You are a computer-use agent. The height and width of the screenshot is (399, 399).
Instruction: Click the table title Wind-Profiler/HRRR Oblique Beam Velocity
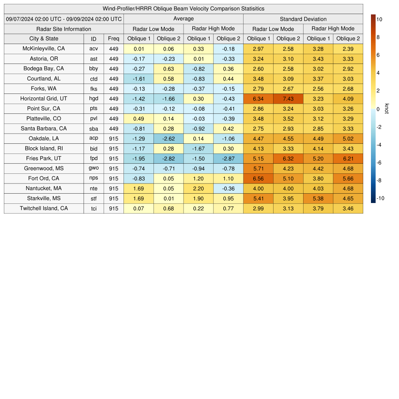pyautogui.click(x=184, y=9)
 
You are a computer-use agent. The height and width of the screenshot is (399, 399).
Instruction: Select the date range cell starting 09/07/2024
pyautogui.click(x=64, y=19)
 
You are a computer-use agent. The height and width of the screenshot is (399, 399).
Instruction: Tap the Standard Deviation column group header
pyautogui.click(x=303, y=19)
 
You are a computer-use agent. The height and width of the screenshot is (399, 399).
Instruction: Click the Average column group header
pyautogui.click(x=184, y=19)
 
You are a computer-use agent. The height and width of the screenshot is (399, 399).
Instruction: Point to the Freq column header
pyautogui.click(x=114, y=39)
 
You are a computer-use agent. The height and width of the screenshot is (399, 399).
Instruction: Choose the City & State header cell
pyautogui.click(x=44, y=39)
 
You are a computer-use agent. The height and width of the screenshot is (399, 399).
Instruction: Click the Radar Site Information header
pyautogui.click(x=64, y=29)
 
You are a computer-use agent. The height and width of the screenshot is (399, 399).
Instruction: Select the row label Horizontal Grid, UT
pyautogui.click(x=44, y=99)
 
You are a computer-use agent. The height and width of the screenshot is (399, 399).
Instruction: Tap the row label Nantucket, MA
pyautogui.click(x=44, y=188)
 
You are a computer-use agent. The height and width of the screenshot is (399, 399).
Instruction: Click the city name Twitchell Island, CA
pyautogui.click(x=44, y=208)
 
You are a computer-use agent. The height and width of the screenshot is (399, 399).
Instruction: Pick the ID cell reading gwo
pyautogui.click(x=94, y=168)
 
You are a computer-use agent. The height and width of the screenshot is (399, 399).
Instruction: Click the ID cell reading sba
pyautogui.click(x=94, y=129)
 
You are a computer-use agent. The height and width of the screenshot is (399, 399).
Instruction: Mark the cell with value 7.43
pyautogui.click(x=288, y=99)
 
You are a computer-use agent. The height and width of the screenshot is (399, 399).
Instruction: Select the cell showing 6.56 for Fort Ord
pyautogui.click(x=258, y=178)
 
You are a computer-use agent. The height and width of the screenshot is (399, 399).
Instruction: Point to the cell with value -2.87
pyautogui.click(x=228, y=159)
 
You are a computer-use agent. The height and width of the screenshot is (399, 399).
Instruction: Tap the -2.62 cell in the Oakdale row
pyautogui.click(x=169, y=138)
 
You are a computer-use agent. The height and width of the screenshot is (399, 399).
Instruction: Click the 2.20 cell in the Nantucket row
pyautogui.click(x=199, y=188)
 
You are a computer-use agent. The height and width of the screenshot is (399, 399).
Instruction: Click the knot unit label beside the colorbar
pyautogui.click(x=387, y=109)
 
